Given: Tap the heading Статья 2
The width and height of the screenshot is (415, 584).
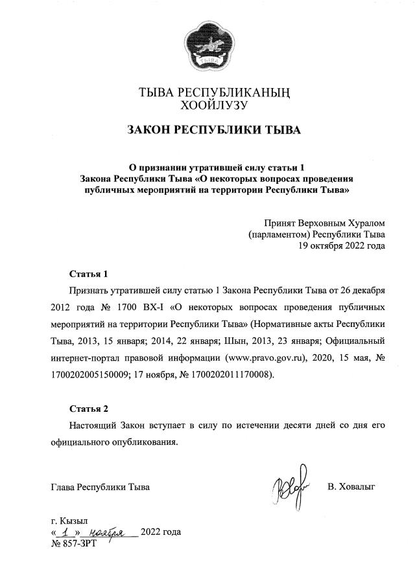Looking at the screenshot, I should pos(89,409).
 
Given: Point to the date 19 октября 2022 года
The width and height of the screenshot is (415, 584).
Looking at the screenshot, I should pos(341,246).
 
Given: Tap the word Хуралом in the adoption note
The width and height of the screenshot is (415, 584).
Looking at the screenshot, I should pos(362,223).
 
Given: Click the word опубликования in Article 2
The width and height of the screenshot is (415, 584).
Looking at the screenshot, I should pos(145,444).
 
